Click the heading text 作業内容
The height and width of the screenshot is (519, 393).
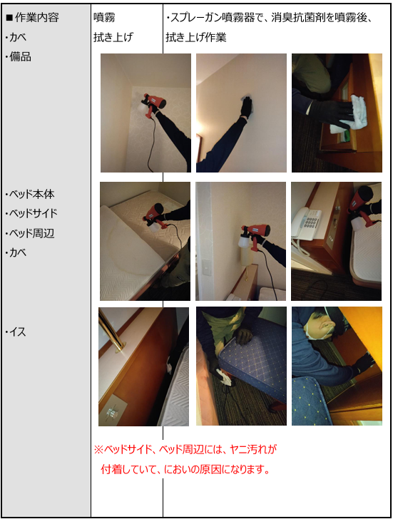pos(37,17)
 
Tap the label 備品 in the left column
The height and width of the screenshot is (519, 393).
pos(21,56)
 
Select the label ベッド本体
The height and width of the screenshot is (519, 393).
pos(32,194)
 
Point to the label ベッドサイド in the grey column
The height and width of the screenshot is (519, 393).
pos(33,213)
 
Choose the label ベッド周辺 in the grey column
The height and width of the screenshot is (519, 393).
pos(32,233)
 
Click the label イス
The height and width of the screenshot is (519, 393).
pos(18,332)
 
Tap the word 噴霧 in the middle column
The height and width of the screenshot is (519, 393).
pos(104,17)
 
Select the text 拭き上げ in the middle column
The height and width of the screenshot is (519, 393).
pos(113,37)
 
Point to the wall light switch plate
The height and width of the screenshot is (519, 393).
pos(207,265)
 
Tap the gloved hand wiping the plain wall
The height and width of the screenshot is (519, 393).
pos(247,107)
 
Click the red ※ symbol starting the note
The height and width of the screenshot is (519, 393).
pos(98,449)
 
